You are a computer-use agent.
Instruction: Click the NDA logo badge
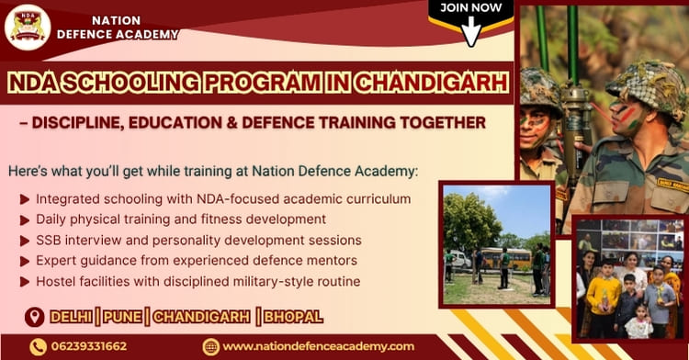pyautogui.click(x=28, y=27)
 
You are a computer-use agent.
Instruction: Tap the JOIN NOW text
pyautogui.click(x=471, y=8)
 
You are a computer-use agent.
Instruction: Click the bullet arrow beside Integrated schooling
pyautogui.click(x=23, y=199)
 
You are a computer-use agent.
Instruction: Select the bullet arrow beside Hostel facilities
pyautogui.click(x=23, y=282)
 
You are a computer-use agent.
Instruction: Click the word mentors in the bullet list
pyautogui.click(x=331, y=261)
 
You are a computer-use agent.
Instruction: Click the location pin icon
pyautogui.click(x=35, y=317)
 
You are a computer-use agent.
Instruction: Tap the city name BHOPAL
pyautogui.click(x=293, y=317)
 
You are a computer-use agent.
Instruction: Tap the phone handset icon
pyautogui.click(x=38, y=346)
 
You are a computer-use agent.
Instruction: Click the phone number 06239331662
pyautogui.click(x=91, y=346)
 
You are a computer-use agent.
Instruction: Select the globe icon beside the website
pyautogui.click(x=210, y=346)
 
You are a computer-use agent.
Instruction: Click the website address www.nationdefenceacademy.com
pyautogui.click(x=318, y=346)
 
